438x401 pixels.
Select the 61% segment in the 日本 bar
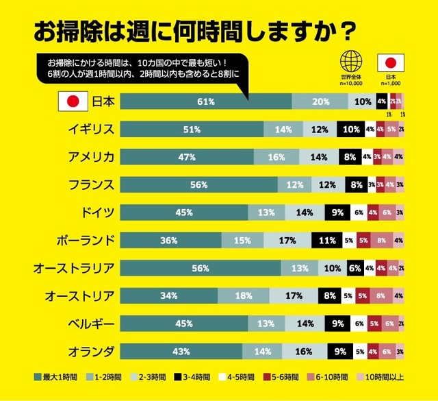pyautogui.click(x=206, y=101)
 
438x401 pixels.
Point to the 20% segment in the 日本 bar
pyautogui.click(x=320, y=101)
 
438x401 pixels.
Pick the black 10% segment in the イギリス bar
pyautogui.click(x=351, y=129)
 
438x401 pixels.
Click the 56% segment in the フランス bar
pyautogui.click(x=199, y=184)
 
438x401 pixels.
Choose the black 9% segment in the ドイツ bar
pyautogui.click(x=338, y=212)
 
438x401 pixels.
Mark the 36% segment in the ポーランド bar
pyautogui.click(x=170, y=241)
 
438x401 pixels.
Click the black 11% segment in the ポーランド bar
pyautogui.click(x=326, y=241)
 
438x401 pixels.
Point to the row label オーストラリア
pyautogui.click(x=73, y=268)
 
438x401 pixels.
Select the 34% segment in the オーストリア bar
pyautogui.click(x=168, y=296)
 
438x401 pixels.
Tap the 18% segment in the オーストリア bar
pyautogui.click(x=243, y=296)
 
